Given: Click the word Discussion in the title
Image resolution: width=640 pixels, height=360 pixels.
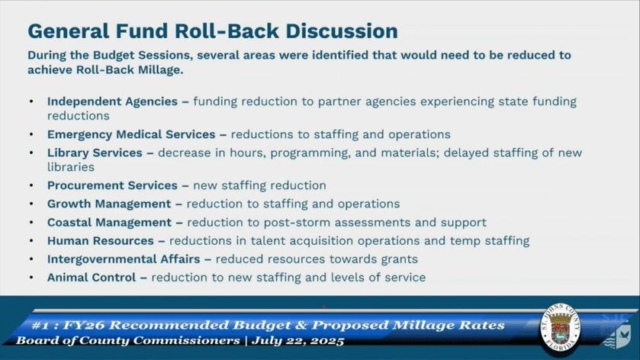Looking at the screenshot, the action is click(342, 31).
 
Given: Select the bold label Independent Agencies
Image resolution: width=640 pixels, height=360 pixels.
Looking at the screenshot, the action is click(112, 101).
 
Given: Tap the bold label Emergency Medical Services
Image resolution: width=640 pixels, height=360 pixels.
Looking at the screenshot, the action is click(131, 134).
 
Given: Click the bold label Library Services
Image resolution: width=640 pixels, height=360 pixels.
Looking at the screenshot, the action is click(95, 153).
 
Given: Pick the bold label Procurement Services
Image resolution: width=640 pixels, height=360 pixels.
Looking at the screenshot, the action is click(112, 185).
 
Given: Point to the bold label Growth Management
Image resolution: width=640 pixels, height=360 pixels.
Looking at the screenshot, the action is click(109, 204).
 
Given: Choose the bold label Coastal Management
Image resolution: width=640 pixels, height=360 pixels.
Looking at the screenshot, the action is click(109, 223).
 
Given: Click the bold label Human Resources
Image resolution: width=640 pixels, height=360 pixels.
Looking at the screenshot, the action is click(101, 241).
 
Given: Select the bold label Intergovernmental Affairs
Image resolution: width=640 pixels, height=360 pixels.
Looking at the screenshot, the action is click(124, 259).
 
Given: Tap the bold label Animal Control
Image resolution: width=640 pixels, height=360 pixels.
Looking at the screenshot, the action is click(92, 278).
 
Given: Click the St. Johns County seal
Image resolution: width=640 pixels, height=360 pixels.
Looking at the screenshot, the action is click(560, 329).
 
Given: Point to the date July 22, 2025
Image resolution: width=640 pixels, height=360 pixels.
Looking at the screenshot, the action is click(298, 341).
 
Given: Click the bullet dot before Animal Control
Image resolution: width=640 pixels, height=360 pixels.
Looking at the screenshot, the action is click(31, 278).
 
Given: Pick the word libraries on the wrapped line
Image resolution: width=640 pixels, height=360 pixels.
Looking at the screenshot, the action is click(71, 167).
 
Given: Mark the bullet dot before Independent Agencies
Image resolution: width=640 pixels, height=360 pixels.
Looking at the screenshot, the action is click(31, 101).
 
